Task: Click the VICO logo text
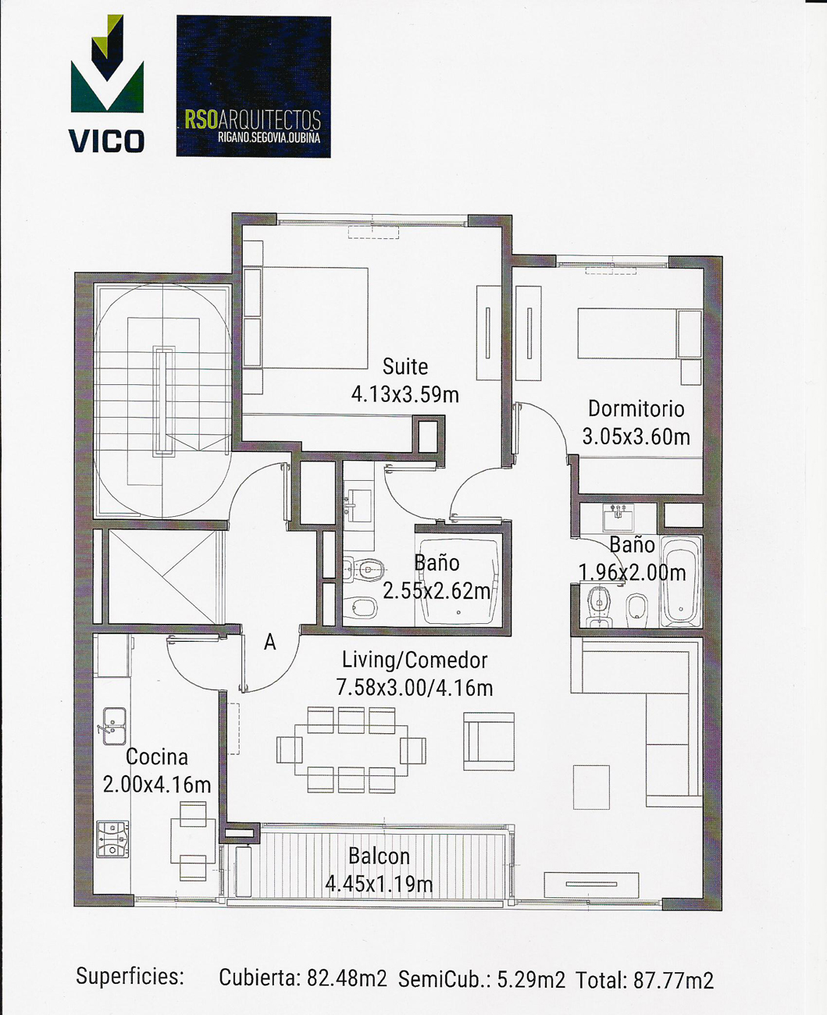(106, 141)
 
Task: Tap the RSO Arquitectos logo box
(254, 86)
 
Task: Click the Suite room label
(405, 367)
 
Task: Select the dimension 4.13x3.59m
(405, 395)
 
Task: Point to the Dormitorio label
(636, 409)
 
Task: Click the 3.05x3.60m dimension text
(636, 436)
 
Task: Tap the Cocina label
(157, 757)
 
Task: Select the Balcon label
(380, 857)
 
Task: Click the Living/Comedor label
(415, 661)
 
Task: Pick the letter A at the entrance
(269, 643)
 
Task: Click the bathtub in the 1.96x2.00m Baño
(681, 582)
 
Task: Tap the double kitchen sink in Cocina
(114, 726)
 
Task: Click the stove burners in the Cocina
(112, 839)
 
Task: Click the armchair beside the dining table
(489, 741)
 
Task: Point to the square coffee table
(591, 787)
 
